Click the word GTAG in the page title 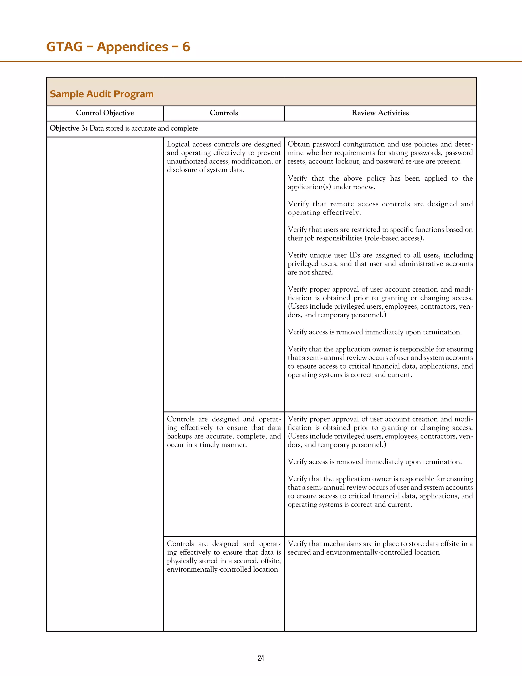coord(64,47)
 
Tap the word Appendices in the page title coord(133,47)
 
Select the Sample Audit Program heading coord(101,94)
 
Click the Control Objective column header coord(105,113)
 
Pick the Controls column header coord(224,113)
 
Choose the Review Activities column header coord(380,113)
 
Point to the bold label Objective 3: coord(69,128)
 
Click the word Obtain coord(299,144)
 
